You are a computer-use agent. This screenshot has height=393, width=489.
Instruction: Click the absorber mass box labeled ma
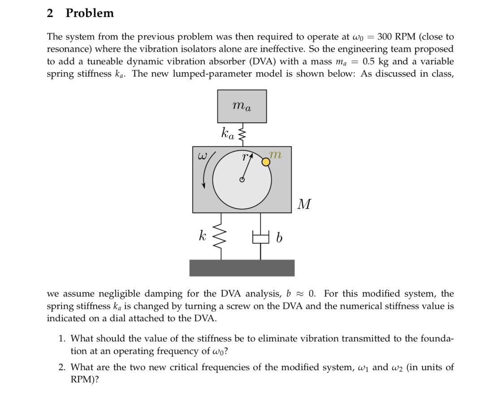pos(242,106)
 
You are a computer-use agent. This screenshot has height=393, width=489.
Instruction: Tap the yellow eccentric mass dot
pos(266,163)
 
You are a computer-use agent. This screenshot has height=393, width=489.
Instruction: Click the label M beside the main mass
pos(304,205)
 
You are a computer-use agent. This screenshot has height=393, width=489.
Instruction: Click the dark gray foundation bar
pos(242,268)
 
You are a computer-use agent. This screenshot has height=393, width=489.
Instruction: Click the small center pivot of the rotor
pos(242,180)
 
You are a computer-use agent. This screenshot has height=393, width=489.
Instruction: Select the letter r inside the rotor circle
pos(244,157)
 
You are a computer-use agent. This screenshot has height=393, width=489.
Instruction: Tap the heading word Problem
pos(90,13)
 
